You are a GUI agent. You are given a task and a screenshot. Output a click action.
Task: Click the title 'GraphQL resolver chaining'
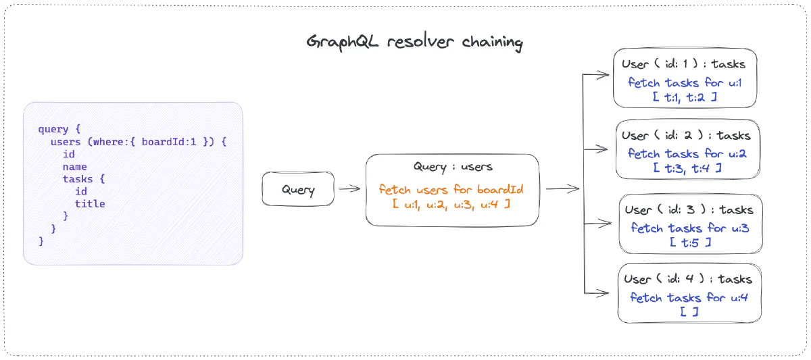[414, 42]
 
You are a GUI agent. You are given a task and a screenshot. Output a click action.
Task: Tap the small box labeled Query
[298, 189]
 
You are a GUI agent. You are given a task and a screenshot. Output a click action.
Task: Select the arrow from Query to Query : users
[349, 189]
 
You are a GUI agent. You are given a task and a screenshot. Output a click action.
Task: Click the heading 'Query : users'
[453, 167]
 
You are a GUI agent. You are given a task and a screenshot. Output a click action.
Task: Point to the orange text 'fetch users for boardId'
[451, 189]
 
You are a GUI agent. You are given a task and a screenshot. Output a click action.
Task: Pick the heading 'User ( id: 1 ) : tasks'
[684, 65]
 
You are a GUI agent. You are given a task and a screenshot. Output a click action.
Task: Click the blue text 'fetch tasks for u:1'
[684, 83]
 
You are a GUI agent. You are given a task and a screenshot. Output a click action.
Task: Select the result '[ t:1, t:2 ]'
[684, 97]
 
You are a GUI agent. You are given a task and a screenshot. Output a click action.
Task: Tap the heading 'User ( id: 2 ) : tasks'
[686, 136]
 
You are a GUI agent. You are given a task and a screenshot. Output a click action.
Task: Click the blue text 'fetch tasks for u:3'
[690, 228]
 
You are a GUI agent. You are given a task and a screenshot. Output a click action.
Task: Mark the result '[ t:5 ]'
[690, 242]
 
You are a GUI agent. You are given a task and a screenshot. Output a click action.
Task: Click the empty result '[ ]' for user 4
[689, 312]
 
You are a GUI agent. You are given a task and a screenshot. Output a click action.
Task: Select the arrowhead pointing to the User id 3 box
[607, 223]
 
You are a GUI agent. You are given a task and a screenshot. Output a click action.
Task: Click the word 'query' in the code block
[53, 130]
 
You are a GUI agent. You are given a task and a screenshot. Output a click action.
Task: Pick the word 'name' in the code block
[74, 167]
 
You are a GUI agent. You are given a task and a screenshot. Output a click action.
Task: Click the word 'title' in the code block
[90, 203]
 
